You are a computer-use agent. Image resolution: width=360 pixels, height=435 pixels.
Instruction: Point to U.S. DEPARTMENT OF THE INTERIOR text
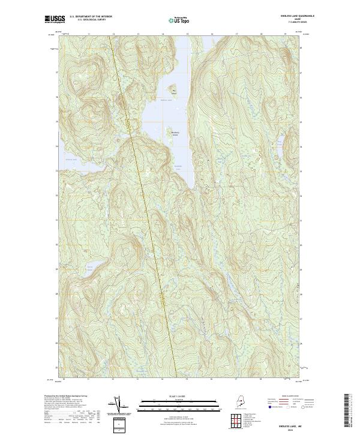tap(91, 16)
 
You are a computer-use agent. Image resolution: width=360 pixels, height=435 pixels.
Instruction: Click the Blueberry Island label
tap(175, 134)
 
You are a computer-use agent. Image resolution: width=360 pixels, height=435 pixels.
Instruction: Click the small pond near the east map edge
tap(280, 142)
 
